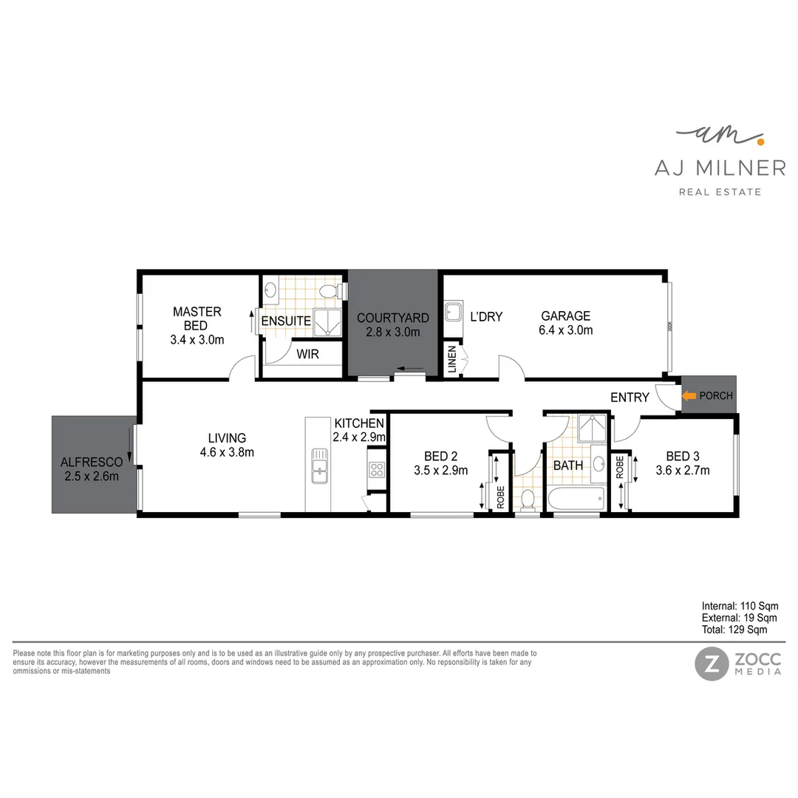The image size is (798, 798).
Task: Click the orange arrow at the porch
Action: tap(689, 396)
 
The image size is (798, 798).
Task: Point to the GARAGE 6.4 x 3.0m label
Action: tap(565, 324)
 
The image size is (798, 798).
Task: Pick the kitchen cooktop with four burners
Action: tap(376, 471)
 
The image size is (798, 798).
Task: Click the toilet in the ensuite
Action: tap(329, 292)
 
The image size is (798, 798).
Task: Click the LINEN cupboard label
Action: tap(451, 361)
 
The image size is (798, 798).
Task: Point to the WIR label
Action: tap(307, 355)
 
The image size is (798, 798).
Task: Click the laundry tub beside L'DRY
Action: tap(453, 312)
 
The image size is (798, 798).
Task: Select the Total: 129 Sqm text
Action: tap(734, 630)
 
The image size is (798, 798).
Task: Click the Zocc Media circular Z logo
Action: tap(710, 664)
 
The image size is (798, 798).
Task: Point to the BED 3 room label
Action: tap(682, 463)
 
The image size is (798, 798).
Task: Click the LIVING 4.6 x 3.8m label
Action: tap(226, 445)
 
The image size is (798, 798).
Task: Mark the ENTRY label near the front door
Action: tap(630, 398)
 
